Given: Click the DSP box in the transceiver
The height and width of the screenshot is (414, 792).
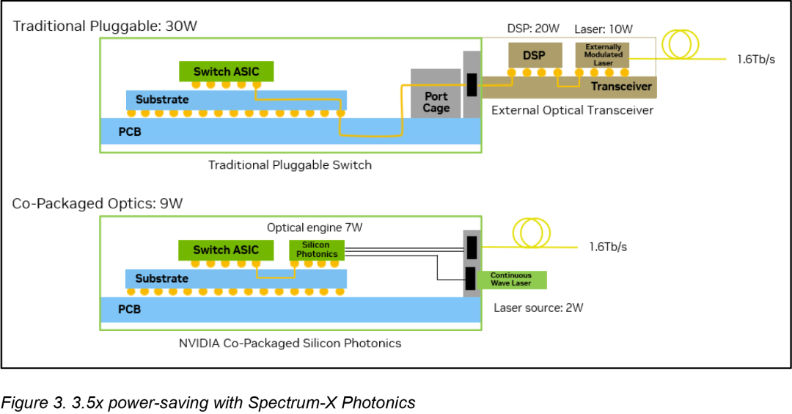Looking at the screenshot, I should coord(535,55).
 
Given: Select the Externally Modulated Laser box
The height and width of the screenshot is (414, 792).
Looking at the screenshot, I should coord(603,55).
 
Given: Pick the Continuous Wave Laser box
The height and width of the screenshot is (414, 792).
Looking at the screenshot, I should coord(511,280).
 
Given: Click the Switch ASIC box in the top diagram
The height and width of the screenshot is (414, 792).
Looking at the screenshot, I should coord(227,71).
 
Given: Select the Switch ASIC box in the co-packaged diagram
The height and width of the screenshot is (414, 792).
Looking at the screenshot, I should coord(226,250).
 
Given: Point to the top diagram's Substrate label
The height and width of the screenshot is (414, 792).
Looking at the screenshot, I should coord(162,99).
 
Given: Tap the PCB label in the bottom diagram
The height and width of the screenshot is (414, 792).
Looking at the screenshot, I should coord(130,310).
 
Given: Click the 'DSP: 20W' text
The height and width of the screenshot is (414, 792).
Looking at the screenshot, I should coord(534,29).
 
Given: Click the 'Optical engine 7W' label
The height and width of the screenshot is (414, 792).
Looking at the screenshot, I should coord(315,228).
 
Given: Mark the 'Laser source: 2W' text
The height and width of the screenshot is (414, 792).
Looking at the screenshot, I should coord(538,308).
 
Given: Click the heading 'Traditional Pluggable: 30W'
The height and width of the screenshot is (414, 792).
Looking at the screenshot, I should coord(105,26).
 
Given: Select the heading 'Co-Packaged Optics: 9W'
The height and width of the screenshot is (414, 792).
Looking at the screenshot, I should coord(98,203).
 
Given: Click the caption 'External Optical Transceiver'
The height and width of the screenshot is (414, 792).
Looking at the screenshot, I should coord(572,110).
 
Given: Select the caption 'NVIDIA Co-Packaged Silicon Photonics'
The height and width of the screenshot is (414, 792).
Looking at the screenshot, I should coord(290,343).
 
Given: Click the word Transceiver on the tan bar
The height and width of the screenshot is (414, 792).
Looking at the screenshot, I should coord(621,86).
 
